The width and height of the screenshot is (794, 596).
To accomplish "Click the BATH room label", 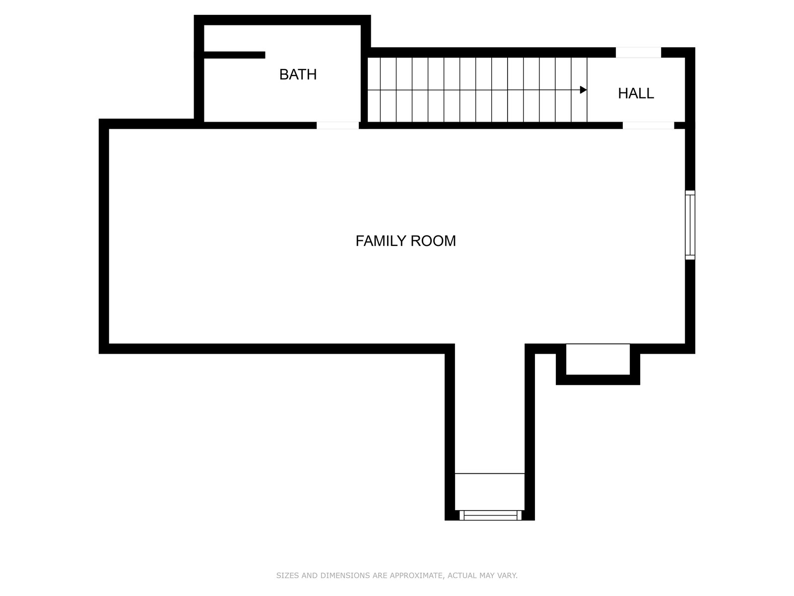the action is click(298, 74).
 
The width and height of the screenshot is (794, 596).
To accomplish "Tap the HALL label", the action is click(636, 93).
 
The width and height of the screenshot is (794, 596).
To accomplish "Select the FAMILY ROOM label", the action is click(405, 241).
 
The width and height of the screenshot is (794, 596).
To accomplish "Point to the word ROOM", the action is click(433, 241).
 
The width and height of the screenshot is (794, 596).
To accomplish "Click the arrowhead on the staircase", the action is click(583, 90).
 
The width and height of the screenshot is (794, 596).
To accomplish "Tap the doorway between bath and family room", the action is click(337, 126).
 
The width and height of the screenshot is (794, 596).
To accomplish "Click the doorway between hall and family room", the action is click(648, 126).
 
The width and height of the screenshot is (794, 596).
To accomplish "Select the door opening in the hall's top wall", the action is click(639, 53).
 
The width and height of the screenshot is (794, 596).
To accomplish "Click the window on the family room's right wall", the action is click(690, 225).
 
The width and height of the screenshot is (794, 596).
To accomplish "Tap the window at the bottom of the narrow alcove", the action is click(490, 516).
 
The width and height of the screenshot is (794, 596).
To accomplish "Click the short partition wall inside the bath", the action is click(234, 55).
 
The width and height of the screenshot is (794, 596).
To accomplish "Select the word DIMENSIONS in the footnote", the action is click(342, 575).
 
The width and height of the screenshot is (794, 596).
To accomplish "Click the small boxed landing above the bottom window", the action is click(490, 492).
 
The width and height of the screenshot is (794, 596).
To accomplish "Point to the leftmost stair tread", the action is click(374, 90).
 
